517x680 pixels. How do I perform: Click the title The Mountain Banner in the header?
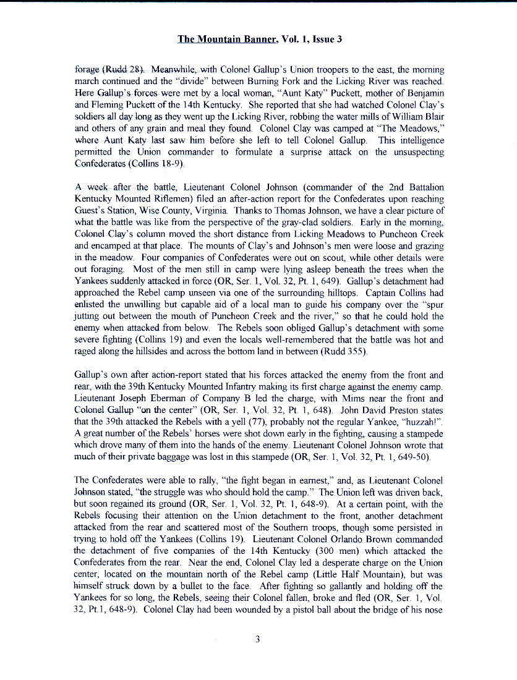tap(227, 40)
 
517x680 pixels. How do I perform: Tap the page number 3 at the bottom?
tap(257, 639)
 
